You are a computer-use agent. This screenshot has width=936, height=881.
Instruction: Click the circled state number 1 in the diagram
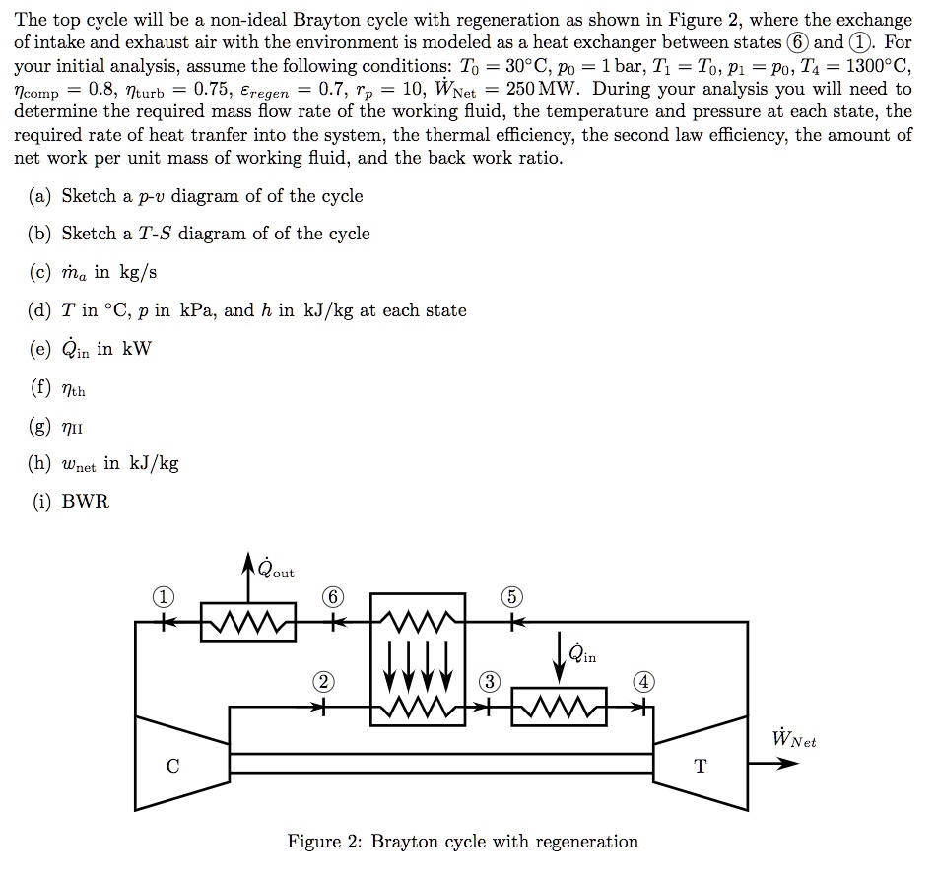pyautogui.click(x=164, y=597)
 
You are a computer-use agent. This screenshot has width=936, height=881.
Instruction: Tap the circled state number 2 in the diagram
pyautogui.click(x=322, y=682)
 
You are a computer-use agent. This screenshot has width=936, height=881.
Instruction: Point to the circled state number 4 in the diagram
pyautogui.click(x=643, y=682)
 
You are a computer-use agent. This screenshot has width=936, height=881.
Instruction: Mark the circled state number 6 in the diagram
pyautogui.click(x=336, y=597)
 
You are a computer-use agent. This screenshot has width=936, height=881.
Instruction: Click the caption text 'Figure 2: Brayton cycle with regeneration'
pyautogui.click(x=462, y=841)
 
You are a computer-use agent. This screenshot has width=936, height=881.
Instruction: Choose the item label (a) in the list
pyautogui.click(x=41, y=196)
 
